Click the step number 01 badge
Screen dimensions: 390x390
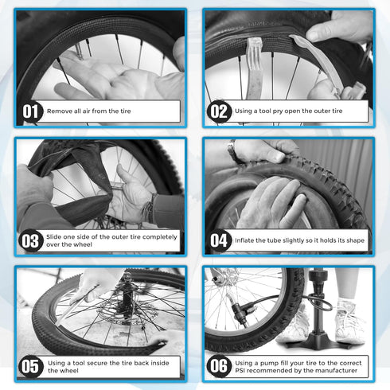click(x=30, y=112)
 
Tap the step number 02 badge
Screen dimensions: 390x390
click(x=219, y=112)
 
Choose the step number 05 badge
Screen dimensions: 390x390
click(x=30, y=368)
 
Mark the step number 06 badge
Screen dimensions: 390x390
click(x=219, y=368)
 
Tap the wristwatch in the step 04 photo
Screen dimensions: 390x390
click(x=232, y=150)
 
